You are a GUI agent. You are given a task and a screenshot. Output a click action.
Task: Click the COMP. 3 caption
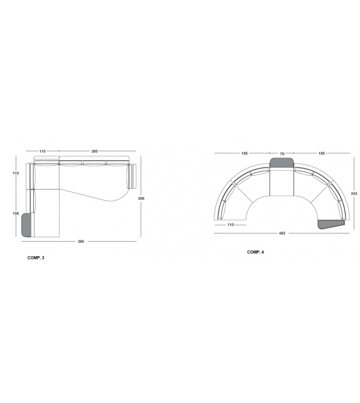click(x=36, y=258)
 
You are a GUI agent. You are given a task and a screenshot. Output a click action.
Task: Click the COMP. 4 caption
click(x=255, y=252)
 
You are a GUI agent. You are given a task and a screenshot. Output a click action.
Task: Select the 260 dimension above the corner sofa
click(x=95, y=151)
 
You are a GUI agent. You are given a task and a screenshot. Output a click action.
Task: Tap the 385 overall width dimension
click(x=81, y=241)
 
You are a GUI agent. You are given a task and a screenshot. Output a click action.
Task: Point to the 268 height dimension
click(x=141, y=198)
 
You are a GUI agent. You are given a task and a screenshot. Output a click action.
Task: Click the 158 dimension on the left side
click(x=16, y=213)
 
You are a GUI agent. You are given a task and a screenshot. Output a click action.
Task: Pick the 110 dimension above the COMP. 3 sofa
click(x=43, y=151)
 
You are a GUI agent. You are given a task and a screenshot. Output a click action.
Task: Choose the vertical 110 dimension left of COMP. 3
click(x=16, y=173)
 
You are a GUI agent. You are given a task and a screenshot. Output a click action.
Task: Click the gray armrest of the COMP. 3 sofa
click(x=26, y=225)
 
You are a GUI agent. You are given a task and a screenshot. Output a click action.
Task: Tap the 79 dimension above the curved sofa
click(x=282, y=154)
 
